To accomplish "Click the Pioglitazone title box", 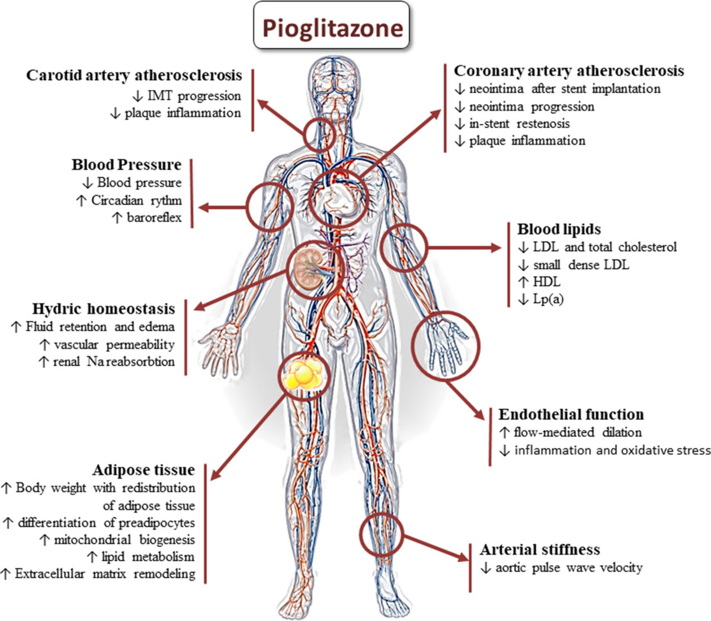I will [x=332, y=27].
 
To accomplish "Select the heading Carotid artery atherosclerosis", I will [x=134, y=76].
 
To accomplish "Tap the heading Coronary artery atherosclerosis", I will [x=568, y=71].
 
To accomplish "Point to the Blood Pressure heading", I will [x=127, y=164].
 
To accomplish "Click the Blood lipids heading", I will [x=559, y=229].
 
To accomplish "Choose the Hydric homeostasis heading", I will [x=104, y=309].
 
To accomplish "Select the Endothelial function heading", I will [x=571, y=415].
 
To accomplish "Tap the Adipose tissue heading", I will [x=143, y=470].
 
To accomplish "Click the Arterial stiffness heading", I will [x=540, y=550].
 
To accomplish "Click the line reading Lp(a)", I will [x=548, y=299].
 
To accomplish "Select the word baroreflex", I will [x=154, y=218].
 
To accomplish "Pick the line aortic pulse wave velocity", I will [x=568, y=568].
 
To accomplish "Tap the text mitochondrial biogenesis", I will [x=124, y=540].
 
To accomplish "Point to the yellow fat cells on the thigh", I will [x=302, y=374].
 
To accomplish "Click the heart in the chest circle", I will [x=337, y=200].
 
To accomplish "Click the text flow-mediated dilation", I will [x=577, y=433].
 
